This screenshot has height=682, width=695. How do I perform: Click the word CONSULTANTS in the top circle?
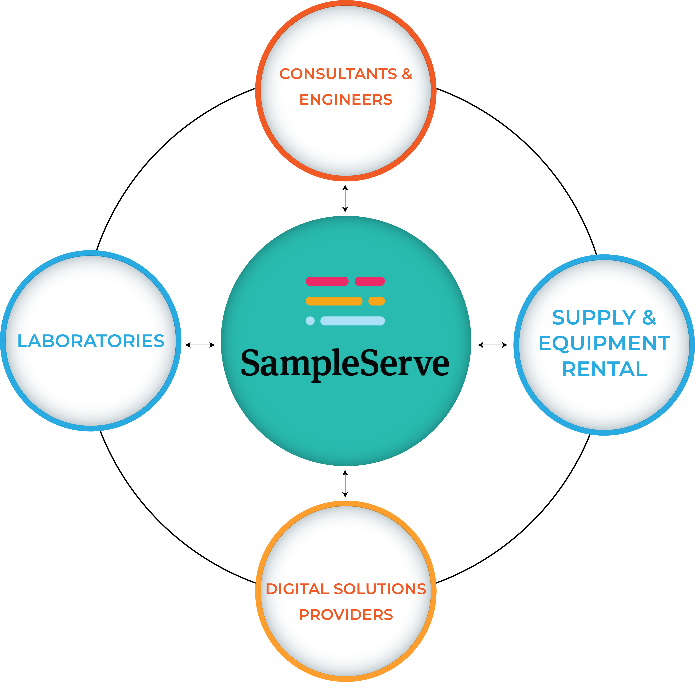click(x=338, y=74)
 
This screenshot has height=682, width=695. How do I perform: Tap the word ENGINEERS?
click(x=346, y=100)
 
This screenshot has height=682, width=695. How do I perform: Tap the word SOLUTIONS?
click(x=380, y=589)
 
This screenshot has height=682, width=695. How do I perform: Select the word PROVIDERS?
click(x=346, y=615)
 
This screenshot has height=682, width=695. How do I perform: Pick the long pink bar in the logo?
click(x=327, y=281)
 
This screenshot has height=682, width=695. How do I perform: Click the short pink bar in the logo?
click(x=369, y=281)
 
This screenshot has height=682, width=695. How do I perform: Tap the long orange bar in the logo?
click(x=334, y=301)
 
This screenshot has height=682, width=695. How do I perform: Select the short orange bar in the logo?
click(x=376, y=301)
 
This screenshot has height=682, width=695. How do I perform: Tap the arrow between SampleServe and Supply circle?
click(x=493, y=345)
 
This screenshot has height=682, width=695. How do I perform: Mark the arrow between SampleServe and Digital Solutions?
click(x=345, y=484)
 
